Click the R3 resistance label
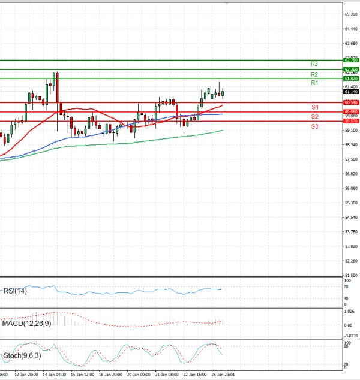pos(314,64)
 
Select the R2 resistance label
pos(314,74)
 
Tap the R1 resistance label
pos(314,83)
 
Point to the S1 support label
pos(314,107)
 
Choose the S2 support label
pos(314,116)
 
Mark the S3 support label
pos(314,126)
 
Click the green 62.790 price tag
pos(351,60)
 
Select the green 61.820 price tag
pos(351,79)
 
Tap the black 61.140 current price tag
pos(351,92)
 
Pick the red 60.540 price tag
pos(351,102)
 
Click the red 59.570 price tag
pos(351,121)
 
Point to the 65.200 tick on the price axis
pos(351,14)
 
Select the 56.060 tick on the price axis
pos(351,188)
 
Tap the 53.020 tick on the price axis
pos(351,246)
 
